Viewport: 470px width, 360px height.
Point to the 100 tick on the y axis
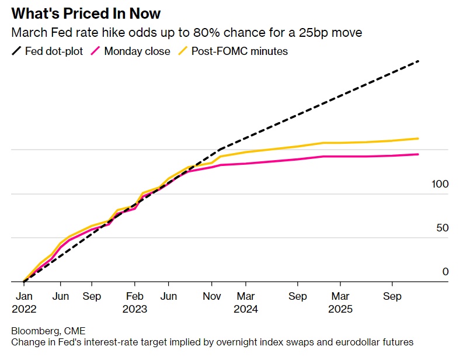440,184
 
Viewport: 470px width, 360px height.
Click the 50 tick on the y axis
443,228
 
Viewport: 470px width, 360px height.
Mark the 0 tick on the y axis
445,272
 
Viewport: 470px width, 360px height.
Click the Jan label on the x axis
24,296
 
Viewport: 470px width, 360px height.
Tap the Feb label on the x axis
135,296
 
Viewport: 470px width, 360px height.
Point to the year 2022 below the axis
24,309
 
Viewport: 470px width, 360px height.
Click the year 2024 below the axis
245,309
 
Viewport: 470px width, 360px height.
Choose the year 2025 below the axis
340,309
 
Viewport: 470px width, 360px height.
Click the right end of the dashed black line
419,61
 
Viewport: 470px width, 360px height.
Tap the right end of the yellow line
419,139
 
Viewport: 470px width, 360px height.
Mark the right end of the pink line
419,154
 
